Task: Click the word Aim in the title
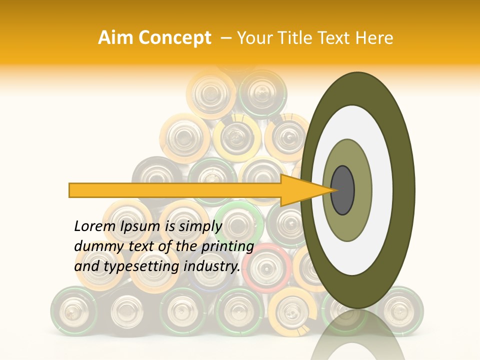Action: click(115, 38)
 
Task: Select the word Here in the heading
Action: click(374, 38)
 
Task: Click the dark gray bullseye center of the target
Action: click(342, 190)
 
